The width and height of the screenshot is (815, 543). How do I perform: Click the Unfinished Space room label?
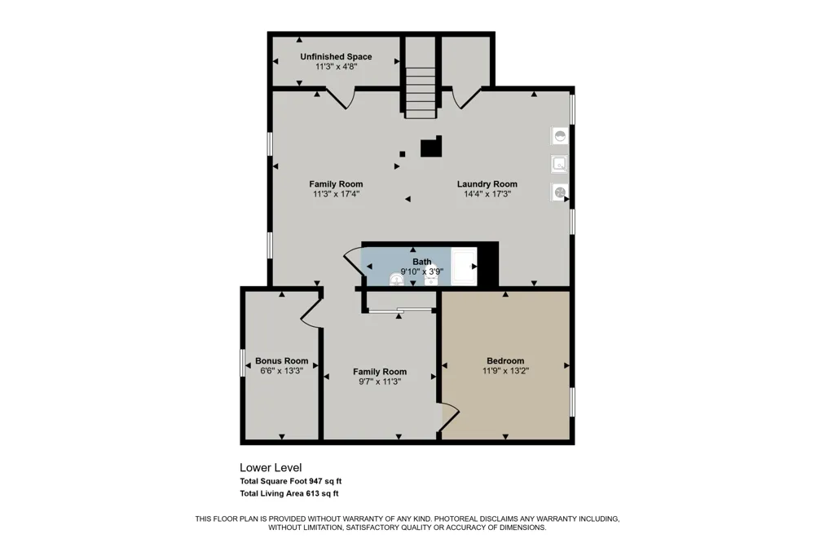[x=336, y=57]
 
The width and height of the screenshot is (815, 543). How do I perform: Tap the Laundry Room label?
[x=487, y=183]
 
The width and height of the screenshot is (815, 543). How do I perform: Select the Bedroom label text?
[x=505, y=360]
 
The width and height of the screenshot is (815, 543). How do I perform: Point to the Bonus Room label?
[x=282, y=360]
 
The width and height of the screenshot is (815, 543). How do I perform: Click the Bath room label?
[x=422, y=262]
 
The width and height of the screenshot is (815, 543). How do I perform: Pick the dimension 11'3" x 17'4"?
[x=337, y=194]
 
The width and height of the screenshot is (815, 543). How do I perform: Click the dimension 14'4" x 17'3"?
[x=487, y=194]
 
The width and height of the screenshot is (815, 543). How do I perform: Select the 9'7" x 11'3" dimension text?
[x=380, y=382]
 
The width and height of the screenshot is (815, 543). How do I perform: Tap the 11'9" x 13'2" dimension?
[x=506, y=371]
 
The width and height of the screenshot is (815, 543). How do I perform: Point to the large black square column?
[x=431, y=146]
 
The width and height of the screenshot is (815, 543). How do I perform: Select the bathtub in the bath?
[x=464, y=267]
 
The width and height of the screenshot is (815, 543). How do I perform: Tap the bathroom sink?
[x=397, y=280]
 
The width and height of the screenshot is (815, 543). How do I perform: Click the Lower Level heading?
[x=271, y=468]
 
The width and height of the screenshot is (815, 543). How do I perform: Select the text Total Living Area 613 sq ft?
[x=289, y=493]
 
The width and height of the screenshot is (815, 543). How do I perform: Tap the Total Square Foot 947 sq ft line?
[x=291, y=481]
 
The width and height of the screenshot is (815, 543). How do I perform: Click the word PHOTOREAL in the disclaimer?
[x=456, y=519]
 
